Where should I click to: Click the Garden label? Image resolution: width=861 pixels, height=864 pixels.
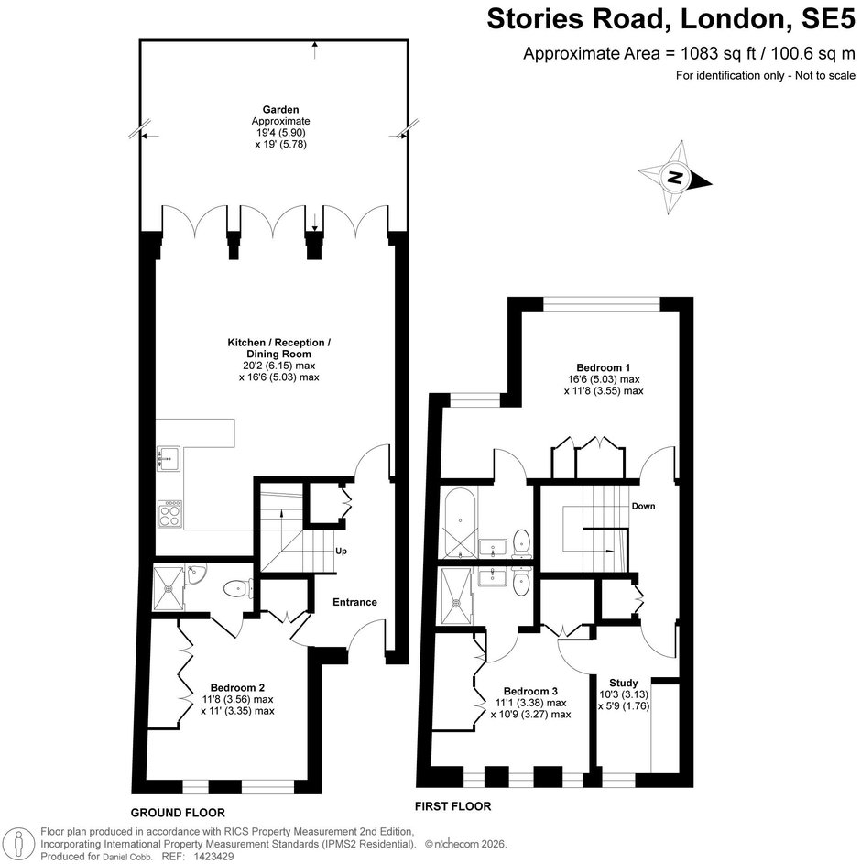pyautogui.click(x=280, y=110)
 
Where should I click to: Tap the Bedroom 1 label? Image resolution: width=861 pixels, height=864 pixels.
pyautogui.click(x=604, y=367)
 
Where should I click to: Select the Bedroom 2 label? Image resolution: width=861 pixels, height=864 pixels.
pyautogui.click(x=237, y=688)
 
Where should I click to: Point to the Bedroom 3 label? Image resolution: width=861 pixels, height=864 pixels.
pyautogui.click(x=530, y=691)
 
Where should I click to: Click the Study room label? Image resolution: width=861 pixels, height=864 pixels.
pyautogui.click(x=623, y=683)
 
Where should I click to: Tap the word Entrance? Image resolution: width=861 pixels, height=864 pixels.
pyautogui.click(x=354, y=602)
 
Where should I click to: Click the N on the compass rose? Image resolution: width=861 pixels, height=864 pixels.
pyautogui.click(x=674, y=178)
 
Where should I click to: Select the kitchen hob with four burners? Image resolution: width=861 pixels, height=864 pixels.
pyautogui.click(x=169, y=515)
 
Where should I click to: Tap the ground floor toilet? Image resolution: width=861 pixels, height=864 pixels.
pyautogui.click(x=238, y=588)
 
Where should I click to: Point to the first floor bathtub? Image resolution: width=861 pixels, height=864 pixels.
pyautogui.click(x=461, y=522)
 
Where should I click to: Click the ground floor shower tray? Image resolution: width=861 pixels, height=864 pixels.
pyautogui.click(x=168, y=588)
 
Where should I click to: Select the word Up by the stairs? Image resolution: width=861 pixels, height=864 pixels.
pyautogui.click(x=341, y=551)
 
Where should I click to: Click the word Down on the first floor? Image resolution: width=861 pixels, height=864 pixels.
pyautogui.click(x=643, y=506)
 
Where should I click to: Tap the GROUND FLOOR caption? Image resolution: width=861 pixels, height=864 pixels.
pyautogui.click(x=178, y=813)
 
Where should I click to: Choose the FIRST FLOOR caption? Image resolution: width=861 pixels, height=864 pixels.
pyautogui.click(x=452, y=806)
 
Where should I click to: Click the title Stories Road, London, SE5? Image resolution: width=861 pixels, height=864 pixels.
pyautogui.click(x=671, y=18)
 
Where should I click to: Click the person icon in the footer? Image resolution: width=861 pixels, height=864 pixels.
pyautogui.click(x=20, y=844)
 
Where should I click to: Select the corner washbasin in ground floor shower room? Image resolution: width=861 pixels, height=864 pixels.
pyautogui.click(x=194, y=574)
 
